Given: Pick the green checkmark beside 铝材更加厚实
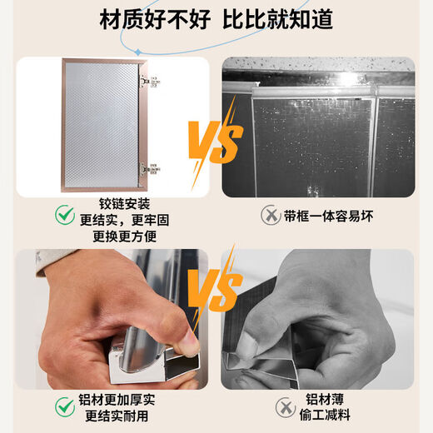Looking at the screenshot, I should coord(63,406).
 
